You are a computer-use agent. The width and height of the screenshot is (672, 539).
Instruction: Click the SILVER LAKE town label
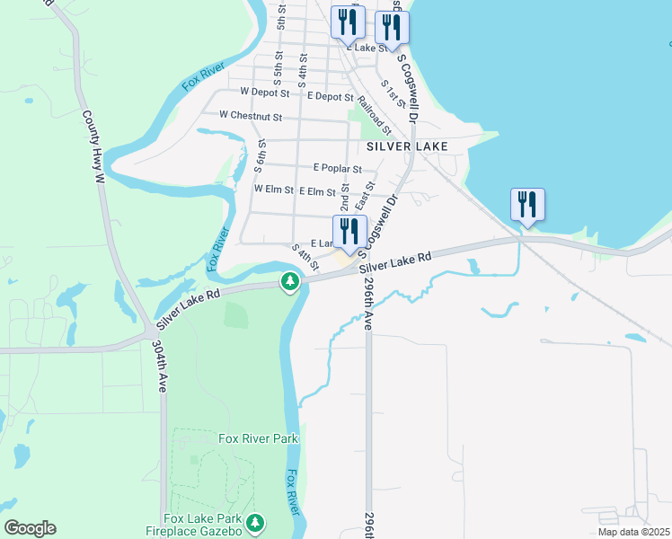pyautogui.click(x=407, y=146)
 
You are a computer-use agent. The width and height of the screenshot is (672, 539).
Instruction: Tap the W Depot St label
pyautogui.click(x=265, y=93)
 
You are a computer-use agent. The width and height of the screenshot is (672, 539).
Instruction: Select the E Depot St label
pyautogui.click(x=330, y=96)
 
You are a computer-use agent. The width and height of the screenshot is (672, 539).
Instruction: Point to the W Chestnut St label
pyautogui.click(x=251, y=117)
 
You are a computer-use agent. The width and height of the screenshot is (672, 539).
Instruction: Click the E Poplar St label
pyautogui.click(x=337, y=168)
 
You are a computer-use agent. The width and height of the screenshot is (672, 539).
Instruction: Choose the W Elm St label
pyautogui.click(x=274, y=190)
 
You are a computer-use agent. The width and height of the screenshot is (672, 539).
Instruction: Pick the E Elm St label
pyautogui.click(x=317, y=191)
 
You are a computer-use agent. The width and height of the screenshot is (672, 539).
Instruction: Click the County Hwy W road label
pyautogui.click(x=93, y=147)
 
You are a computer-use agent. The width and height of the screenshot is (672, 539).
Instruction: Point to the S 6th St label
pyautogui.click(x=260, y=155)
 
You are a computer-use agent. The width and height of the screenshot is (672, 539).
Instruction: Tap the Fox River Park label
pyautogui.click(x=258, y=439)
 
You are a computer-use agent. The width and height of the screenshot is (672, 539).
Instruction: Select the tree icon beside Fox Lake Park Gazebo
pyautogui.click(x=256, y=522)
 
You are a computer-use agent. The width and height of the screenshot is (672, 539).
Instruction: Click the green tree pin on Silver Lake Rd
pyautogui.click(x=290, y=282)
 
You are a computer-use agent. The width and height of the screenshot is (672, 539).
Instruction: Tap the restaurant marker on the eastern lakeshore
pyautogui.click(x=527, y=204)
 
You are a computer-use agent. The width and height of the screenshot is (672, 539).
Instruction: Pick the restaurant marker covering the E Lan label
pyautogui.click(x=349, y=232)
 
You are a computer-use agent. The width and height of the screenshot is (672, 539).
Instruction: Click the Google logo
pyautogui.click(x=30, y=528)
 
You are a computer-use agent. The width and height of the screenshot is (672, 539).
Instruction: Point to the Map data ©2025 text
pyautogui.click(x=633, y=532)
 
